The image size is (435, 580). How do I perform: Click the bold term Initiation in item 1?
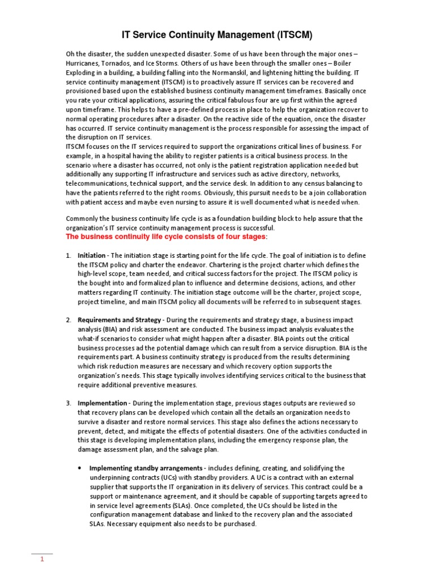91,255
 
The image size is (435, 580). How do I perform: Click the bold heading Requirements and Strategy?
119,320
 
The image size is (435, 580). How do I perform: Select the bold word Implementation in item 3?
102,403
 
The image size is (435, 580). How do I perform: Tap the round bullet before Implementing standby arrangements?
79,468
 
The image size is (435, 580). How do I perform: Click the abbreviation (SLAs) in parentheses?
185,505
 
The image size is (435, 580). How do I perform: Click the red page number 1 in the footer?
41,560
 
